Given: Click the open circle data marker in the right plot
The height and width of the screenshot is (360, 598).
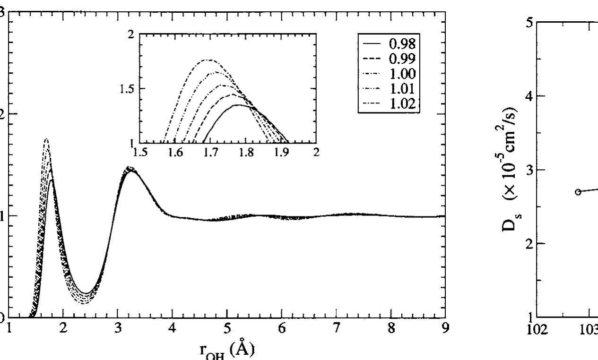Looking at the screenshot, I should point(578,192).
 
